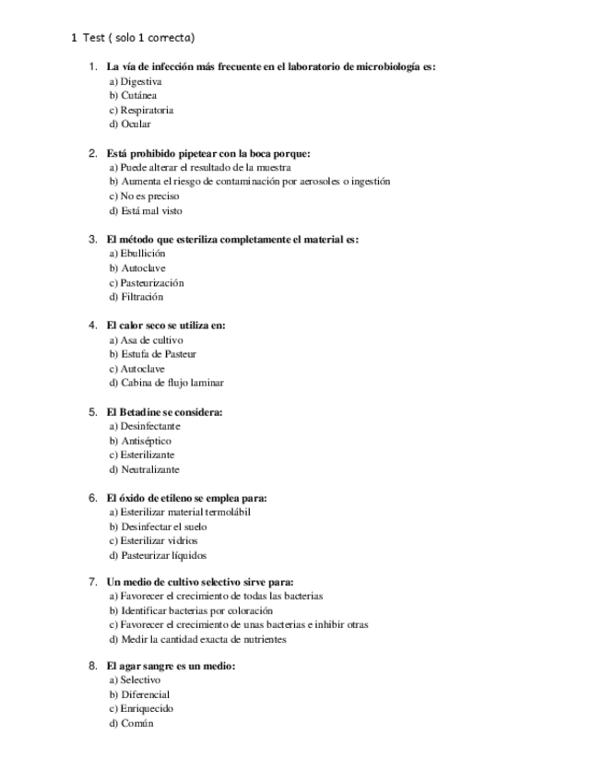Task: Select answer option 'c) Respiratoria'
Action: [141, 110]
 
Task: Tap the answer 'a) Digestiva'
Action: [135, 81]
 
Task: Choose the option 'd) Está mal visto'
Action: [146, 210]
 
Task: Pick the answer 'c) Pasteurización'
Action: [147, 282]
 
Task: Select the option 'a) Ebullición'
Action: [137, 253]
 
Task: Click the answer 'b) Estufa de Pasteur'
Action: [152, 353]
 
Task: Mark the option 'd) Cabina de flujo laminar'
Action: [166, 382]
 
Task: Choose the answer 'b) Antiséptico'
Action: [140, 441]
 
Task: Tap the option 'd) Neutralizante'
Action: [144, 469]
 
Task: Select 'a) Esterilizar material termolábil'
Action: [180, 512]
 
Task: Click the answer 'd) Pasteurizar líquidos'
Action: [158, 555]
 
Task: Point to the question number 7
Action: [92, 582]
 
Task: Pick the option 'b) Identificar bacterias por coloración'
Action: [191, 610]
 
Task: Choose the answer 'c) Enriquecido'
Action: [141, 708]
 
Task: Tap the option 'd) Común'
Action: [131, 723]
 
